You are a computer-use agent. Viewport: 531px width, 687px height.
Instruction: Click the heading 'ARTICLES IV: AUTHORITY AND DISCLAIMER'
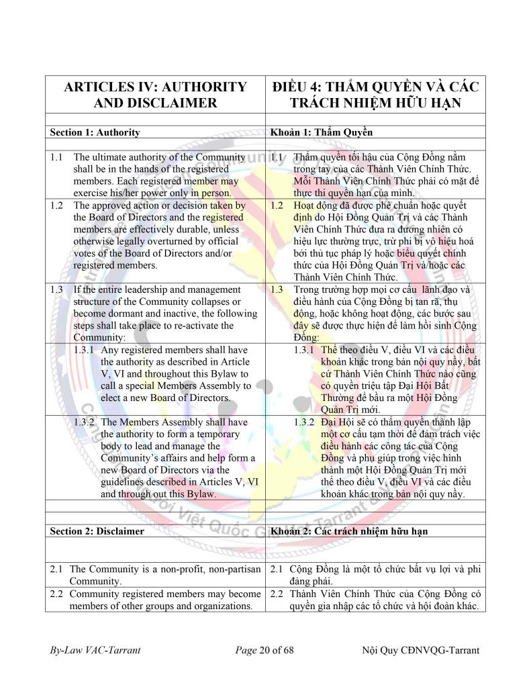[154, 95]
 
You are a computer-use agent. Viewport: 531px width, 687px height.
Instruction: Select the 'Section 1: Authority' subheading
[95, 132]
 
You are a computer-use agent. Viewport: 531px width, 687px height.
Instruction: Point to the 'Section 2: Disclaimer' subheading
[97, 531]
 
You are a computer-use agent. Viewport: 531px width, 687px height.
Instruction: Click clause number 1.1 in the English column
[56, 157]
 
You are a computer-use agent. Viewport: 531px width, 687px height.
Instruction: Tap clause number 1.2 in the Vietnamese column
[277, 205]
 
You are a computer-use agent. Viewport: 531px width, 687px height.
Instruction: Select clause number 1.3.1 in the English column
[86, 350]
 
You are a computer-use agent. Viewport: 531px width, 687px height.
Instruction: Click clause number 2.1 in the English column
[56, 569]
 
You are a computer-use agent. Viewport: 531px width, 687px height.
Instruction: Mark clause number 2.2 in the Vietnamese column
[277, 594]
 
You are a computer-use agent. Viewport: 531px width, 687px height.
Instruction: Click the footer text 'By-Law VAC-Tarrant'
[95, 650]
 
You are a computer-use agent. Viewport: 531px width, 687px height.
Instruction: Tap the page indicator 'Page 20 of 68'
[264, 650]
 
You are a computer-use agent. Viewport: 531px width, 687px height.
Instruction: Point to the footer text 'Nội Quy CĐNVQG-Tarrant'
[420, 650]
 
